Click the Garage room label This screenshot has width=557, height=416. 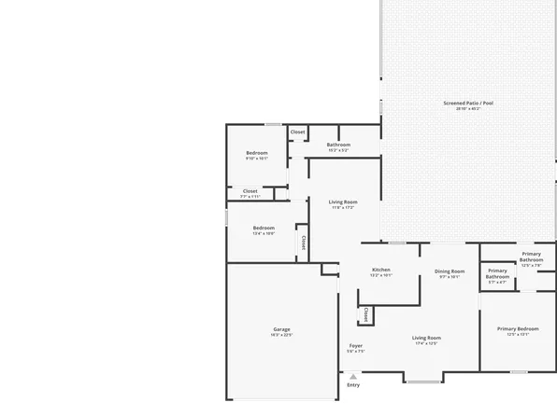[281, 328]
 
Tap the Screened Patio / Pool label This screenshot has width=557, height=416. [474, 103]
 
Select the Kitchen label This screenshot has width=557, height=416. [380, 270]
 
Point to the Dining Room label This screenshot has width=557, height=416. [449, 271]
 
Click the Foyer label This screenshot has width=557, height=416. [356, 346]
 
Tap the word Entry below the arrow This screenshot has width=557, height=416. [353, 385]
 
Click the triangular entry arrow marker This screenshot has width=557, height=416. [353, 376]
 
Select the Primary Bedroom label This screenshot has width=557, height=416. [517, 328]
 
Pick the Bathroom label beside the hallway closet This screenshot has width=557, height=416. [338, 145]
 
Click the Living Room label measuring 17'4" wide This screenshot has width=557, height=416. [426, 338]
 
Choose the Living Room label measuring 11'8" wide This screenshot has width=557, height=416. [343, 201]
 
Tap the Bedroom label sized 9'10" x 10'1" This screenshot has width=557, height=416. [256, 153]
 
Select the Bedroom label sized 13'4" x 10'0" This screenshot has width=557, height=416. [264, 228]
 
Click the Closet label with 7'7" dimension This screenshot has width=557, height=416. [250, 191]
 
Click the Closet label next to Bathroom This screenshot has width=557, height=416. [297, 132]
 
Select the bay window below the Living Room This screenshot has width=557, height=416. [425, 380]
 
